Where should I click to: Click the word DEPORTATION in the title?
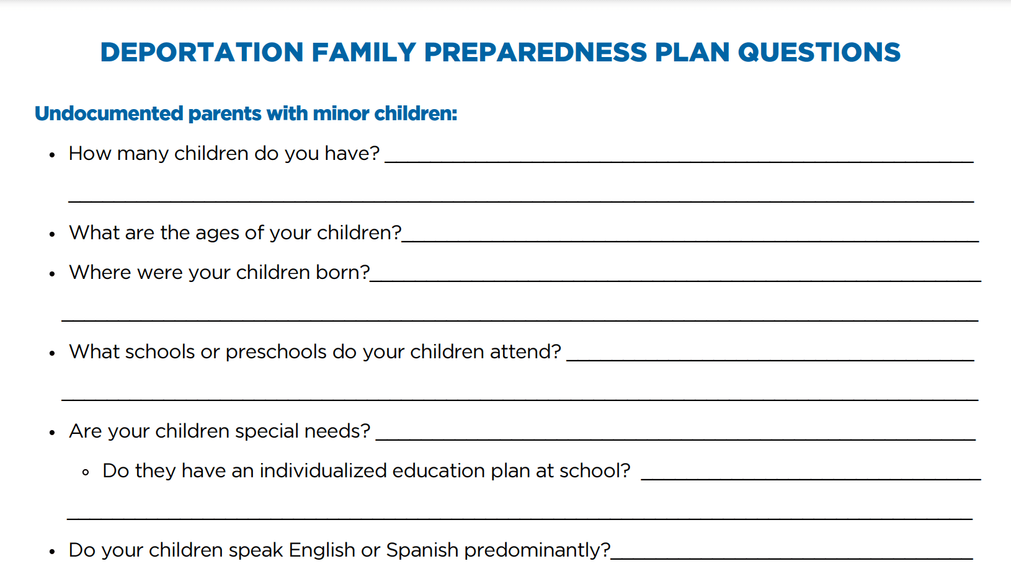pyautogui.click(x=202, y=52)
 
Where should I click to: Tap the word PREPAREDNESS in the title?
pyautogui.click(x=536, y=52)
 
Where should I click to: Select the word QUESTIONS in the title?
pyautogui.click(x=819, y=52)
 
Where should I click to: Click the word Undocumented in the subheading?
pyautogui.click(x=109, y=113)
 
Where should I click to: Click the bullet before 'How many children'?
pyautogui.click(x=52, y=155)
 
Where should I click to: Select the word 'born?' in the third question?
pyautogui.click(x=342, y=272)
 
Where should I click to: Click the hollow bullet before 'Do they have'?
pyautogui.click(x=86, y=472)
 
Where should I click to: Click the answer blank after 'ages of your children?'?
pyautogui.click(x=690, y=242)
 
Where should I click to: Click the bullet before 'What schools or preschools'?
pyautogui.click(x=52, y=353)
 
